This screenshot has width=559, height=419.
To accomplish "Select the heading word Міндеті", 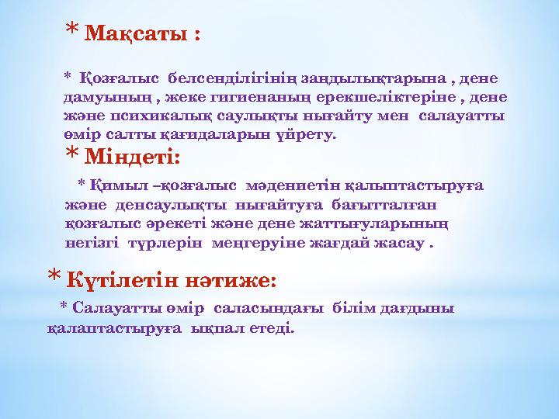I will pyautogui.click(x=132, y=158).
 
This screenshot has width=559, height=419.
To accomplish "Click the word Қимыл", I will pyautogui.click(x=112, y=186).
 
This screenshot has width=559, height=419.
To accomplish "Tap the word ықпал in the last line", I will pyautogui.click(x=211, y=327).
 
